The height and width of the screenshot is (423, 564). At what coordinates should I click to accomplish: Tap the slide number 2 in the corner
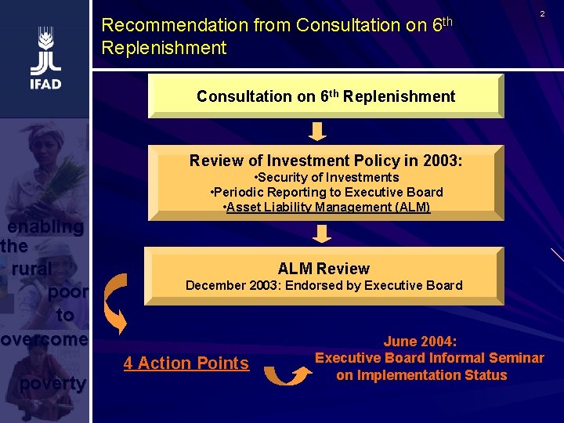point(541,14)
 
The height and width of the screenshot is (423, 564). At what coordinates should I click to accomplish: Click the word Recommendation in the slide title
point(175,25)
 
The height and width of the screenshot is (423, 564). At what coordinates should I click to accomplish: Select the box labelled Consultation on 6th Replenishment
point(325,96)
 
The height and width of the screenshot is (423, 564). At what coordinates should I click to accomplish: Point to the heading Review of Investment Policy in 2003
point(326,161)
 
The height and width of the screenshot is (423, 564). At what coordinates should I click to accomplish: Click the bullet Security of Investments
point(328,177)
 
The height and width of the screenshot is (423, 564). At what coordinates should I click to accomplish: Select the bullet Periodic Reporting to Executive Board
point(327,192)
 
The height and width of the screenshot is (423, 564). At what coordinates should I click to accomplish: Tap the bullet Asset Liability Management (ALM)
point(327,207)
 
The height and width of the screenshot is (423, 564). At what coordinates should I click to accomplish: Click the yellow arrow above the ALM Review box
point(323,233)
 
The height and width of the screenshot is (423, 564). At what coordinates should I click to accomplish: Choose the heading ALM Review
point(324,268)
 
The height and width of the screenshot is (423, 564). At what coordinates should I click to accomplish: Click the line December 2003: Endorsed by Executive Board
point(324,285)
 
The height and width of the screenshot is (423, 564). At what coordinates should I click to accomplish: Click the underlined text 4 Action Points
point(186,363)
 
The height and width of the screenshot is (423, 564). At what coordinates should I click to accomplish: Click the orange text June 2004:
point(421,342)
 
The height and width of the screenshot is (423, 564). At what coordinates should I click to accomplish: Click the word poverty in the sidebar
point(53,383)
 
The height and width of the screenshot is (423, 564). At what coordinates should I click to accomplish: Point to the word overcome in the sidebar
point(45,339)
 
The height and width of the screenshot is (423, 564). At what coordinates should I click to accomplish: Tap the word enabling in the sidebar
point(45,227)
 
